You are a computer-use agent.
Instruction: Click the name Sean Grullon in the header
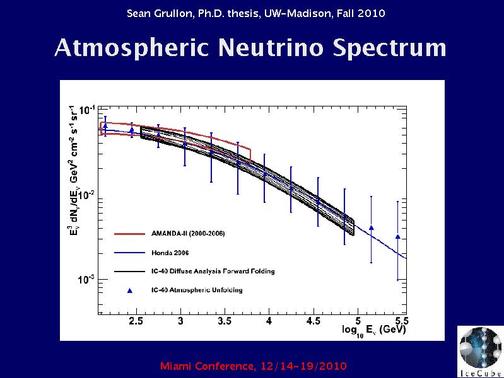pyautogui.click(x=156, y=13)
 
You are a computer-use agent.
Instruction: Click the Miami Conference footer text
pyautogui.click(x=254, y=366)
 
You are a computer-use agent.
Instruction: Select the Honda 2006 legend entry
pyautogui.click(x=170, y=253)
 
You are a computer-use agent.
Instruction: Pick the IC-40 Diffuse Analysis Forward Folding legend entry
pyautogui.click(x=213, y=272)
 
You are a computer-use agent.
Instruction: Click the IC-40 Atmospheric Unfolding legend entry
pyautogui.click(x=197, y=290)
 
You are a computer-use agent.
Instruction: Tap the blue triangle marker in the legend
pyautogui.click(x=131, y=290)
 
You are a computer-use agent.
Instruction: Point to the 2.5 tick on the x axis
pyautogui.click(x=136, y=321)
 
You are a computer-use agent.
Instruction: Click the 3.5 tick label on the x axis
pyautogui.click(x=225, y=321)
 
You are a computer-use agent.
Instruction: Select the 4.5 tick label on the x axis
pyautogui.click(x=314, y=321)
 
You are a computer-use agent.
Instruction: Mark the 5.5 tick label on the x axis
pyautogui.click(x=401, y=321)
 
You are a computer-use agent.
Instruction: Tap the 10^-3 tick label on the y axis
pyautogui.click(x=87, y=279)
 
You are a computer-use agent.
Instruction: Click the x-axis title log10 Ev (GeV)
pyautogui.click(x=374, y=330)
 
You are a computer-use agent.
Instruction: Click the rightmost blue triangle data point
pyautogui.click(x=397, y=237)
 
